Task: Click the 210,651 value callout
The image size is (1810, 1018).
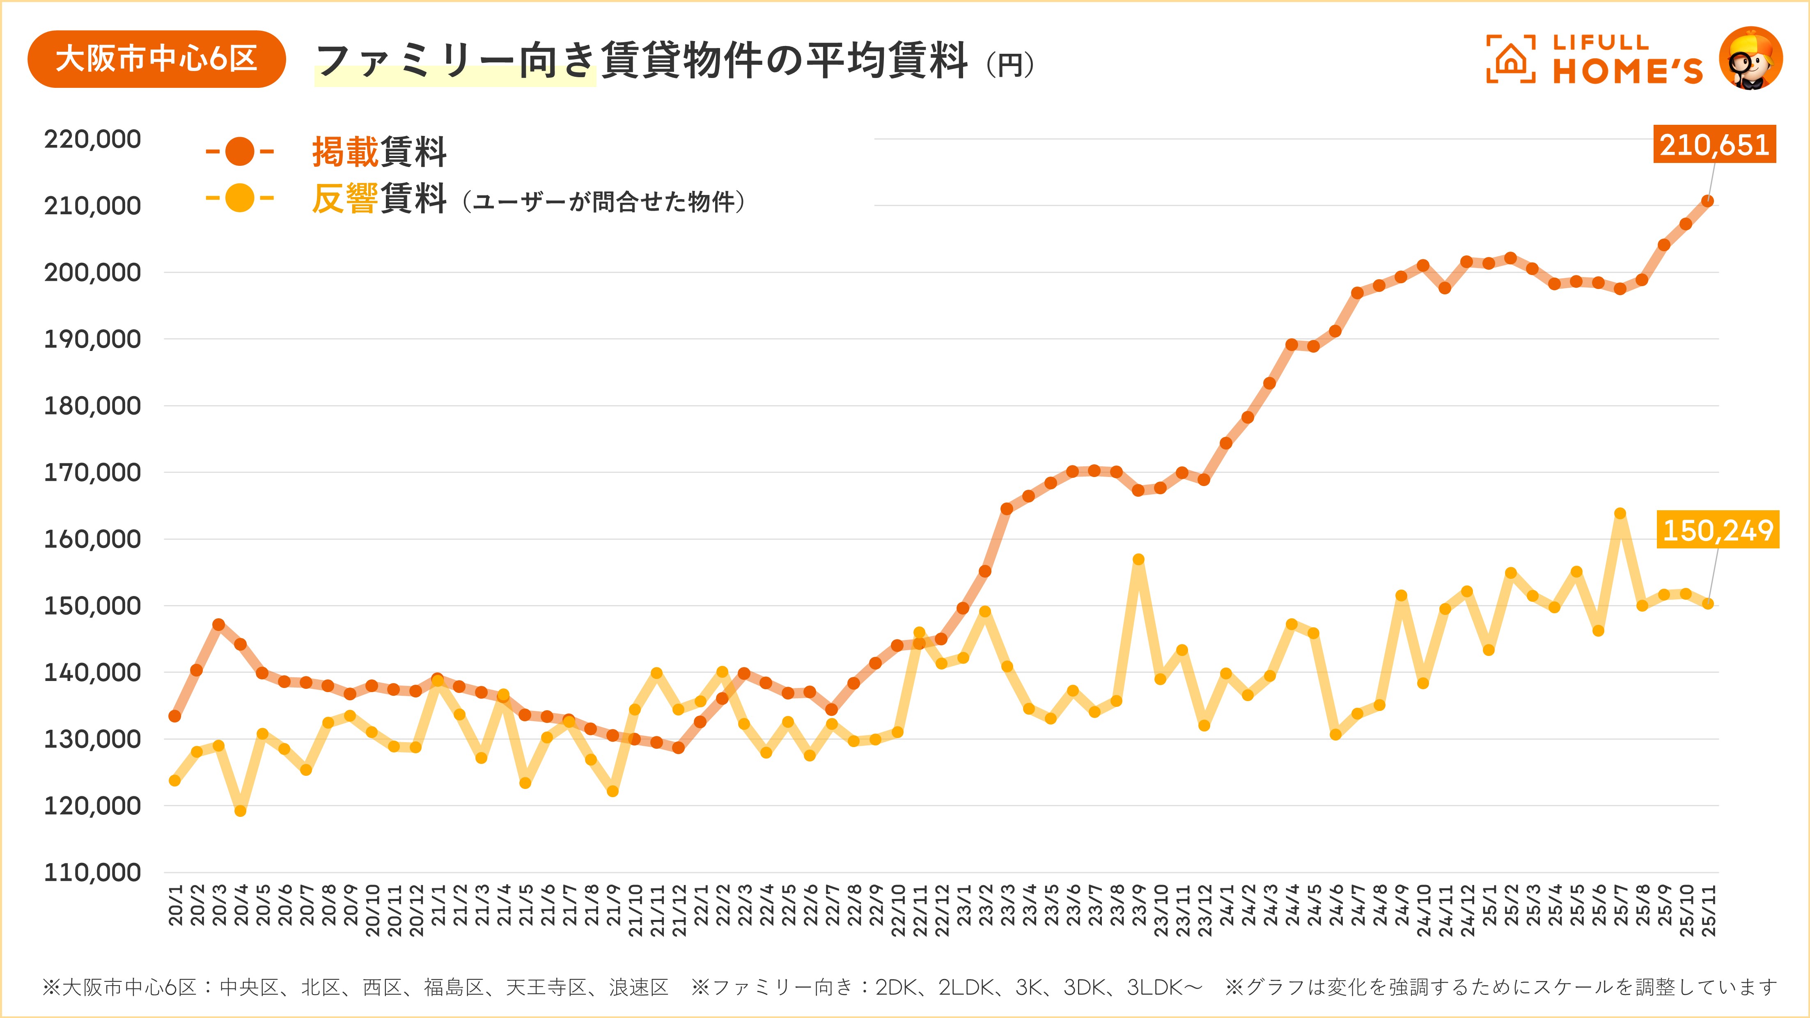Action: click(1714, 145)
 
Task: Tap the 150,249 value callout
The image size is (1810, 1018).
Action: click(1718, 530)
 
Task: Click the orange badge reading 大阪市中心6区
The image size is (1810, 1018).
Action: click(156, 59)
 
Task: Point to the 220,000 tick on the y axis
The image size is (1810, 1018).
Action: click(92, 139)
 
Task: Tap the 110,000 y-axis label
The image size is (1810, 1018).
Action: click(92, 873)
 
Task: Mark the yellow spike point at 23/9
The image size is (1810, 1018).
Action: click(1138, 559)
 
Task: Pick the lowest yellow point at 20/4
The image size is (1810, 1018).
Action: click(240, 811)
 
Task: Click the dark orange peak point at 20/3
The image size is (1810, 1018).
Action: click(218, 625)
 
